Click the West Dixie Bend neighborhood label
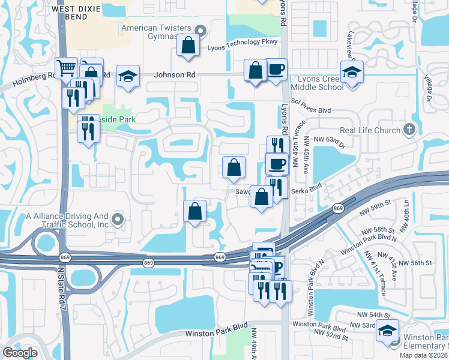click(x=78, y=13)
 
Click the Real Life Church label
click(x=370, y=130)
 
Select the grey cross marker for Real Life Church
click(x=409, y=129)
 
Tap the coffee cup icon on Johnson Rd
click(x=276, y=70)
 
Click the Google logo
click(x=20, y=352)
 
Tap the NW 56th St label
click(x=415, y=263)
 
